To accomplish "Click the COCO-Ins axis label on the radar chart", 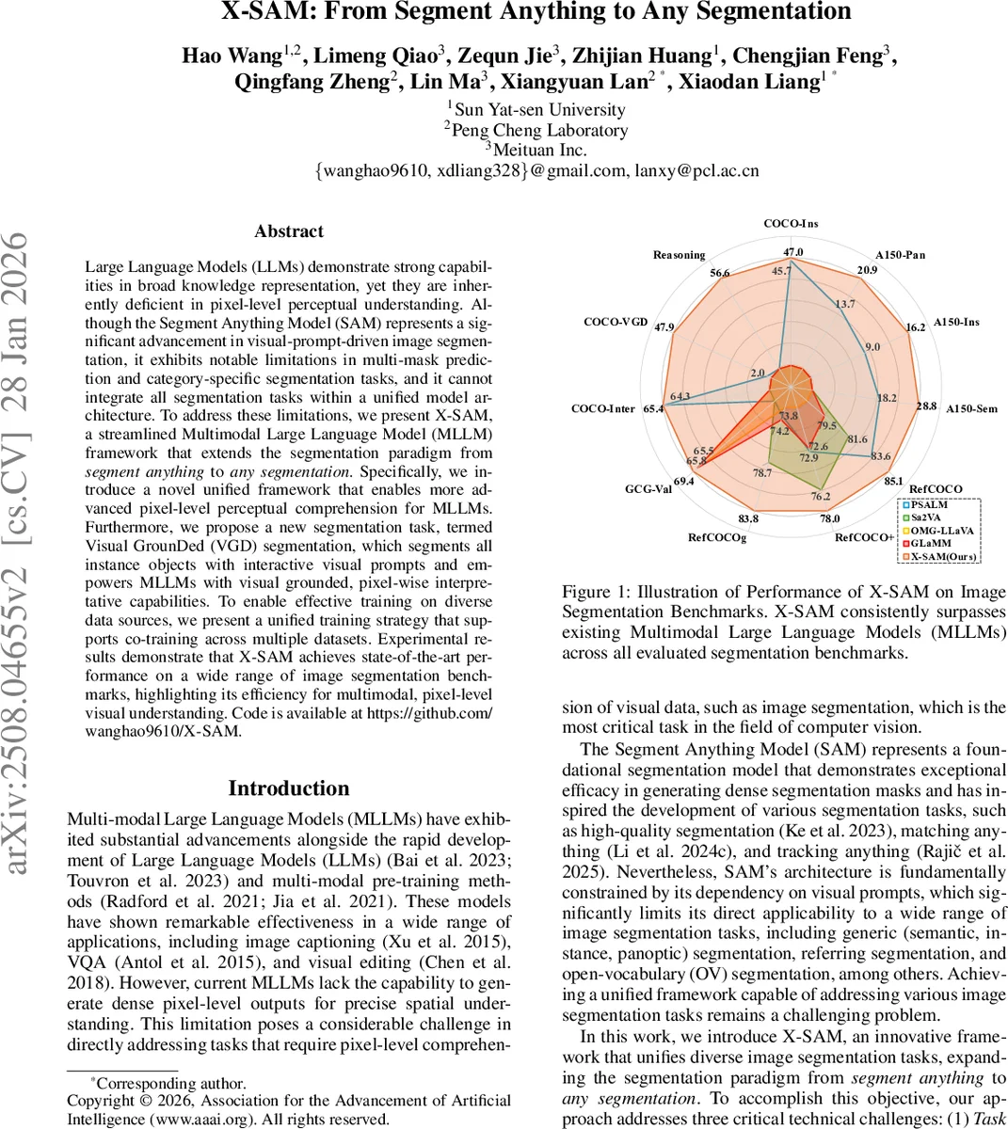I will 791,223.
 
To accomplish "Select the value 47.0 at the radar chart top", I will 793,252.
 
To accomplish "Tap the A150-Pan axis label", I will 901,255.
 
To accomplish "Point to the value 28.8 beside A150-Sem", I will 926,405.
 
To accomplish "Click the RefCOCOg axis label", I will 716,537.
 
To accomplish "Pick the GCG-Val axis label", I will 648,489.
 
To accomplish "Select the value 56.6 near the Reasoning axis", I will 720,273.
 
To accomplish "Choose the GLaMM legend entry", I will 933,543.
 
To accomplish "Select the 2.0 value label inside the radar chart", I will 758,374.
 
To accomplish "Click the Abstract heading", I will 289,231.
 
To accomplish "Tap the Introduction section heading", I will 289,788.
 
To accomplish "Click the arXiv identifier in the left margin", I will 21,555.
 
